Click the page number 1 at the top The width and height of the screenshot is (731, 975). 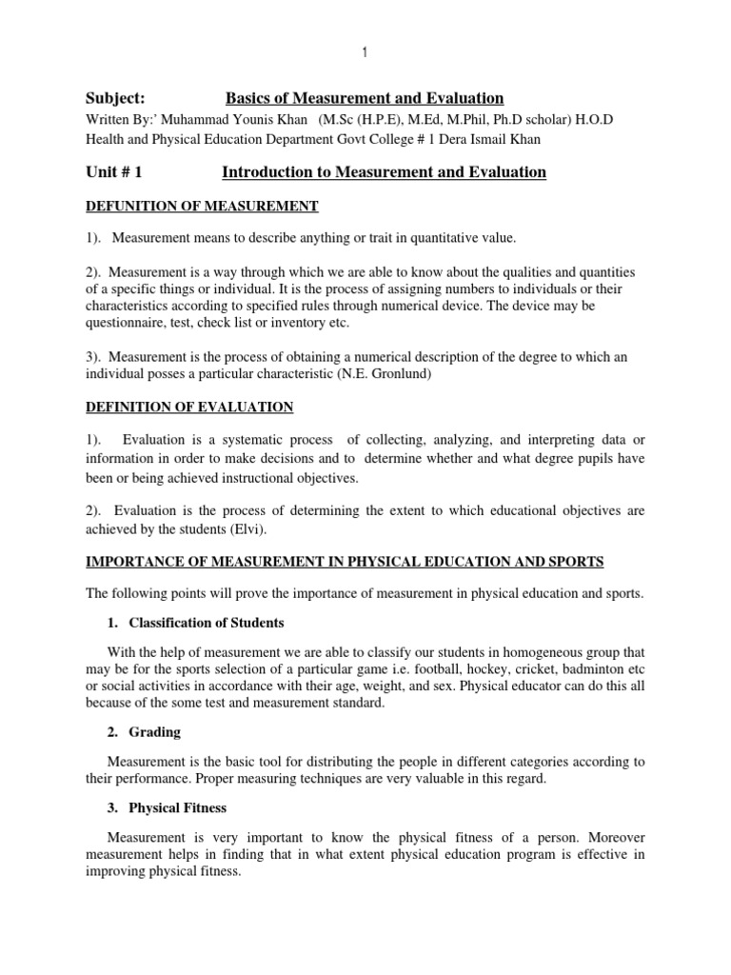(365, 53)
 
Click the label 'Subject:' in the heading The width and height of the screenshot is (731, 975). (116, 99)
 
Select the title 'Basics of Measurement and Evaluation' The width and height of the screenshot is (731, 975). (365, 99)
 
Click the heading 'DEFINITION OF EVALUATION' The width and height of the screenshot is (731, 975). (190, 408)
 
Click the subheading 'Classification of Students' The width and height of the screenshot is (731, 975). (207, 624)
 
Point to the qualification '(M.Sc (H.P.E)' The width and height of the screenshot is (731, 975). (360, 121)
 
